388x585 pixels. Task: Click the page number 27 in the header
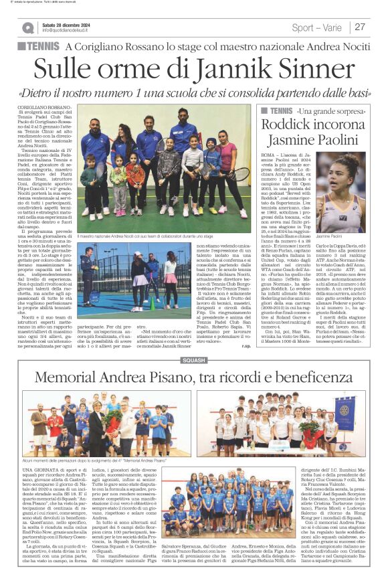pos(360,27)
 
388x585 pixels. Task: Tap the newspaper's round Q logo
pos(27,27)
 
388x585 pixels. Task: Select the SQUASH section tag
pos(194,361)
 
